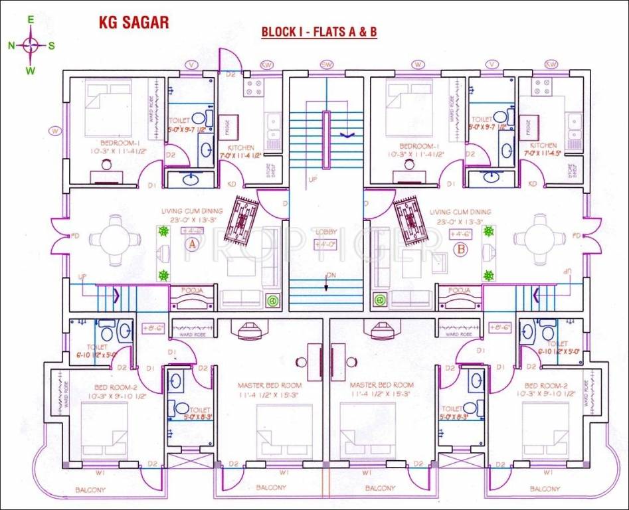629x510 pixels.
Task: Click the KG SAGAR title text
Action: [x=134, y=23]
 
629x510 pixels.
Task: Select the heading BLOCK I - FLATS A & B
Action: [x=319, y=32]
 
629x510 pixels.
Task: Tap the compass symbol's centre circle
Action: [x=31, y=45]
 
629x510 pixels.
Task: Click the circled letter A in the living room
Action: [x=193, y=244]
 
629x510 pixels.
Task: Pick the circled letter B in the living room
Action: [x=460, y=250]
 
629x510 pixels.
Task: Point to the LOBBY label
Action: [x=327, y=232]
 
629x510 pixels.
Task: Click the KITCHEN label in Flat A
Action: [x=240, y=147]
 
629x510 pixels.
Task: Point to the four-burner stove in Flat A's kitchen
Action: [x=254, y=88]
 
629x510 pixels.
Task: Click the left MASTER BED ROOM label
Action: [x=270, y=385]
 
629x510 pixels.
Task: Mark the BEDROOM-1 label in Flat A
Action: [x=120, y=144]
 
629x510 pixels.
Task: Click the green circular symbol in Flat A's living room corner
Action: [x=272, y=300]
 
